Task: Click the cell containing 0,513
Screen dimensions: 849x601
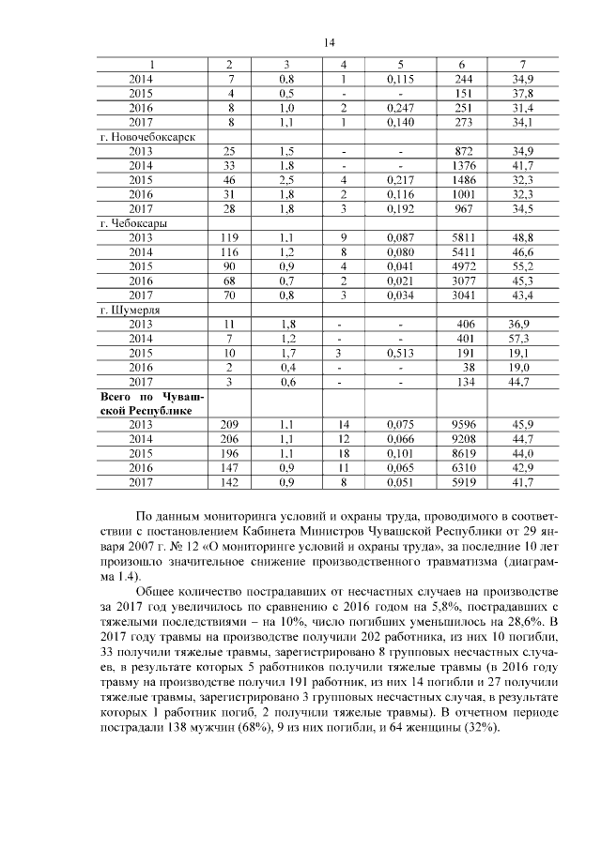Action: coord(400,353)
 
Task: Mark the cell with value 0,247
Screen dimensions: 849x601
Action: coord(400,108)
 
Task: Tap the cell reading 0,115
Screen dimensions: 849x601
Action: coord(400,80)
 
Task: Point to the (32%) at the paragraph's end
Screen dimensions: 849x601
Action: coord(481,727)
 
